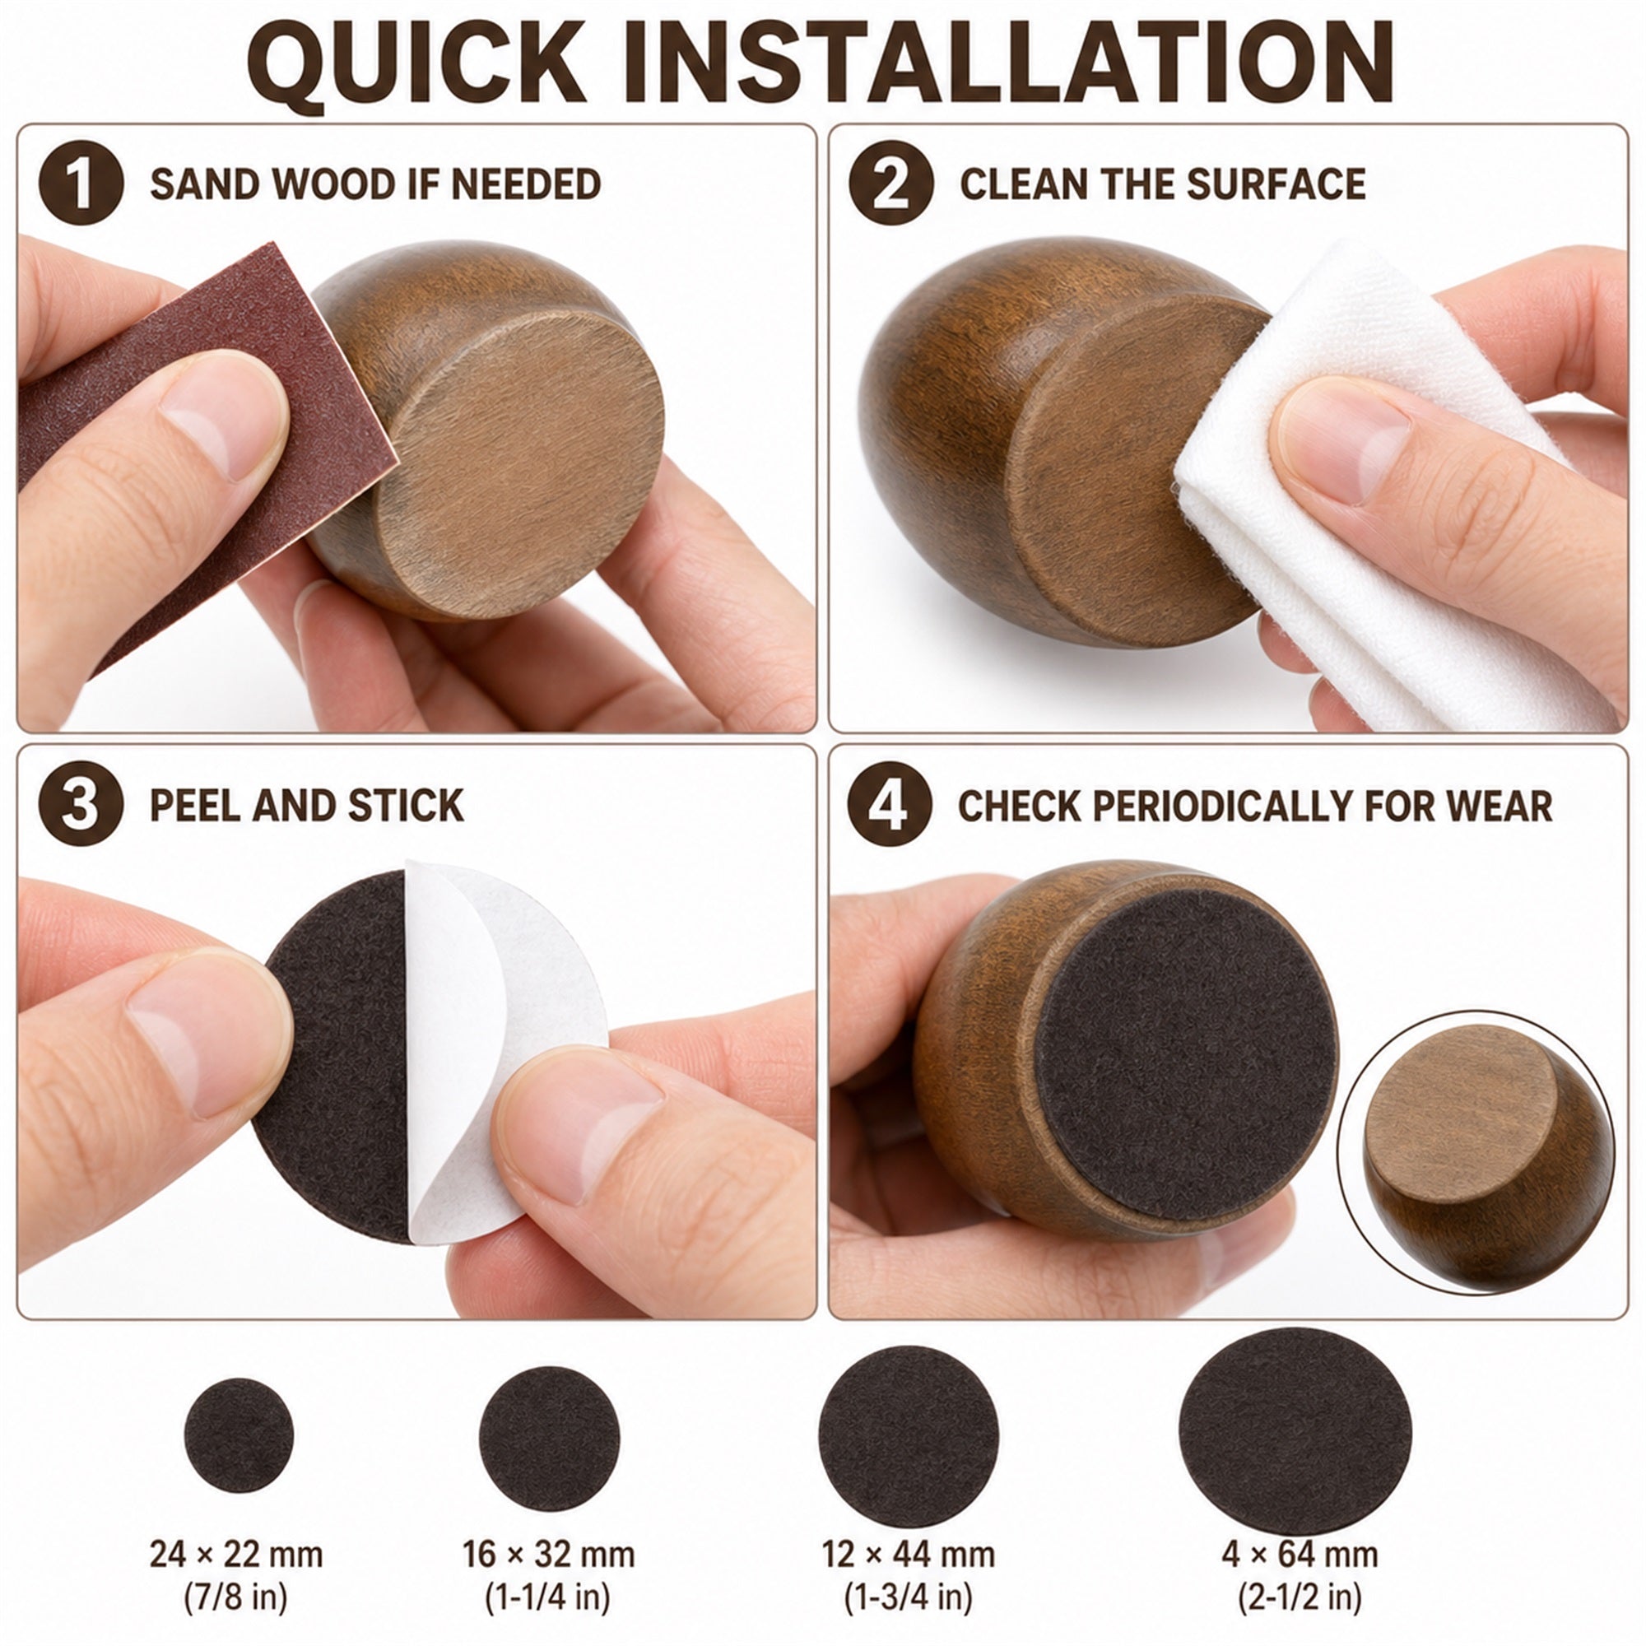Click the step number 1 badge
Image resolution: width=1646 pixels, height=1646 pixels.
(x=81, y=184)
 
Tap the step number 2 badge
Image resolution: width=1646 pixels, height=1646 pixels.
(x=891, y=184)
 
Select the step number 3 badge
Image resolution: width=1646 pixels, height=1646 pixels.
(x=81, y=804)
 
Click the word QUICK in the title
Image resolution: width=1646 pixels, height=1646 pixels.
(x=416, y=63)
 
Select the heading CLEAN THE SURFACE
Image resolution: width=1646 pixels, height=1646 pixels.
(x=1163, y=184)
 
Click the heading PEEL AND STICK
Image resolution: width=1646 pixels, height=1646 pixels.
(x=307, y=805)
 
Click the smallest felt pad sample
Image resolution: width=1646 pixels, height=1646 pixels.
(x=239, y=1435)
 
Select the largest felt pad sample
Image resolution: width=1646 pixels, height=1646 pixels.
(x=1295, y=1431)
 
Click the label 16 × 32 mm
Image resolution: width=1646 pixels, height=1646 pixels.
(x=549, y=1555)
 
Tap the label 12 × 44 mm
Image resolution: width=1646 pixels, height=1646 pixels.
(x=909, y=1555)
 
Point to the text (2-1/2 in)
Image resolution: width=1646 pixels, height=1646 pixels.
(x=1300, y=1597)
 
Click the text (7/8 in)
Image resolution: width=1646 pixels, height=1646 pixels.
(x=236, y=1597)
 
